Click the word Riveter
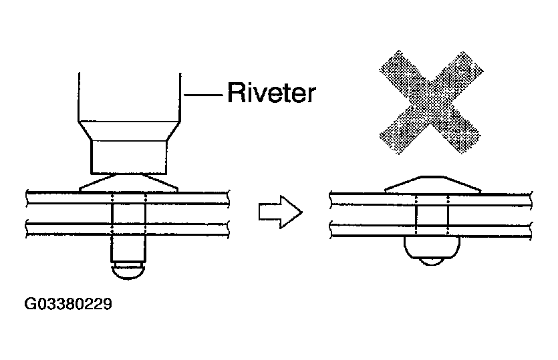[271, 92]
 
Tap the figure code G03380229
[68, 304]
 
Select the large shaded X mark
[431, 102]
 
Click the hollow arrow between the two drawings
[281, 212]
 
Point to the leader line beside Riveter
[204, 95]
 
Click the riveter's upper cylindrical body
[130, 97]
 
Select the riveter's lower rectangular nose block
[129, 157]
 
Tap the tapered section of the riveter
[130, 130]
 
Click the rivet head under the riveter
[128, 184]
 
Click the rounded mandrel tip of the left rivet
[128, 271]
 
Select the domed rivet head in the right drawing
[433, 184]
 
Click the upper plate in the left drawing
[128, 198]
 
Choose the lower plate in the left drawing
[128, 229]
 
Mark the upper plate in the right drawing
[431, 199]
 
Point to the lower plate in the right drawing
[431, 230]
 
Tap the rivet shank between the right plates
[432, 215]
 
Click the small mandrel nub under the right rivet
[432, 262]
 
